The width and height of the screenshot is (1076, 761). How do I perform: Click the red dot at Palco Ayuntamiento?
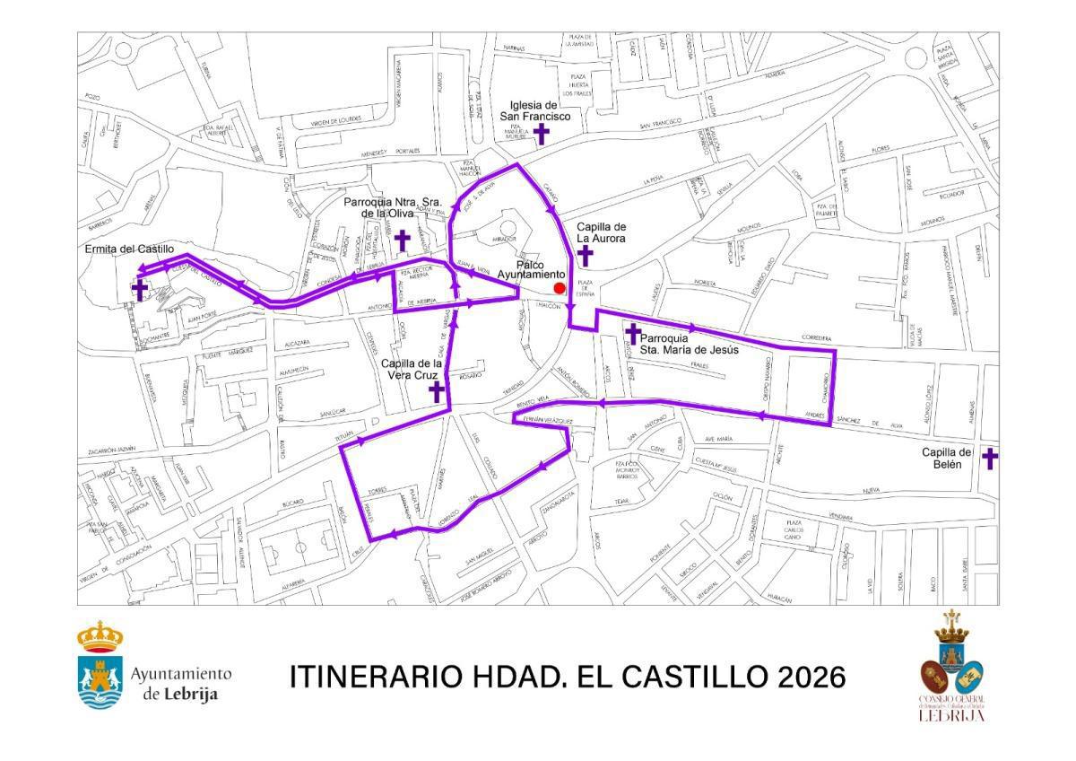[560, 288]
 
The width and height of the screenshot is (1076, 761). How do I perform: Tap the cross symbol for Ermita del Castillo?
[140, 289]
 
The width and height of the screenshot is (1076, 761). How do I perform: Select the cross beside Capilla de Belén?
[990, 459]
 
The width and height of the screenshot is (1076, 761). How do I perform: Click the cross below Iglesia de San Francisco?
[542, 134]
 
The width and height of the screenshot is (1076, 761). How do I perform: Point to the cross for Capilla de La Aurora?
[586, 256]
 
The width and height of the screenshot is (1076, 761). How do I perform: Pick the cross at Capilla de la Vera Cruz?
[437, 391]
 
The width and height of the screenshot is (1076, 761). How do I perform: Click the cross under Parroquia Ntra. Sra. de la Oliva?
[403, 241]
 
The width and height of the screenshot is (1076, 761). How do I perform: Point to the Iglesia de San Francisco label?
[541, 110]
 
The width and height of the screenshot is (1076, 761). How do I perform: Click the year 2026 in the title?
[811, 677]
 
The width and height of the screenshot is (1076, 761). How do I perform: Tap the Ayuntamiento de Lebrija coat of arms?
[100, 666]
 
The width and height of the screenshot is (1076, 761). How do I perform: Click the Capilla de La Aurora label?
[601, 233]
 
